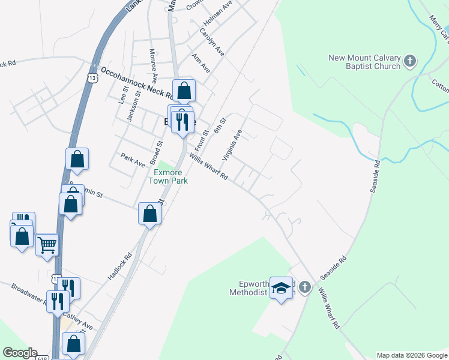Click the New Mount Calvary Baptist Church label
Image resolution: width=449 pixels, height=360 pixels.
(x=364, y=62)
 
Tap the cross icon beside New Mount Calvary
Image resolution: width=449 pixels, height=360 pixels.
(x=409, y=61)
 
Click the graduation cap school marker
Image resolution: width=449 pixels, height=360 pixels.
(x=280, y=289)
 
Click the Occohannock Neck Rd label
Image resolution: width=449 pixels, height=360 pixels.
(x=139, y=85)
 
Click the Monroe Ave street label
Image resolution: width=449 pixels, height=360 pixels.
(x=154, y=65)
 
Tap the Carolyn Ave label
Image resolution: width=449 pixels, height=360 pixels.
(x=212, y=42)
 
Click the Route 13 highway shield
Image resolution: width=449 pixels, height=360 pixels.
(x=92, y=78)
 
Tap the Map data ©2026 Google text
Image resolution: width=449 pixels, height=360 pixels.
(x=412, y=355)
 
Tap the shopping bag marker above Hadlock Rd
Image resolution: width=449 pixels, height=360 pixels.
(x=149, y=214)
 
